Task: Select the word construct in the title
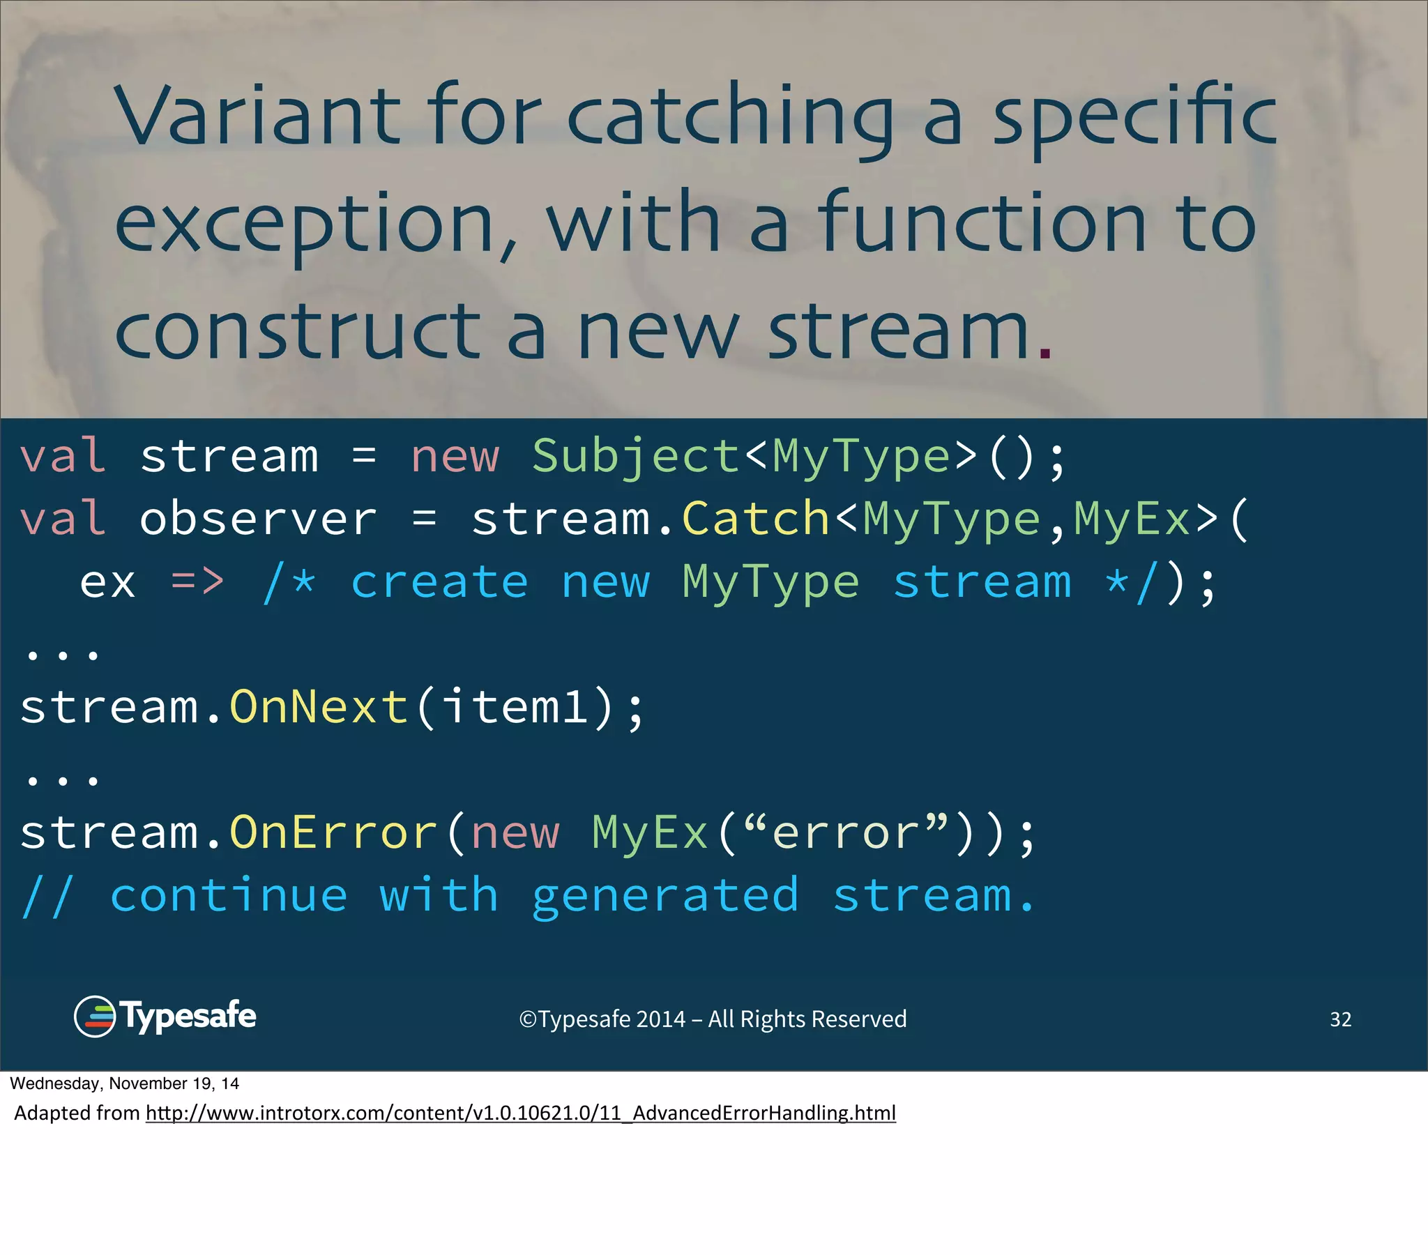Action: pyautogui.click(x=298, y=331)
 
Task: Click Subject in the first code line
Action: pyautogui.click(x=636, y=456)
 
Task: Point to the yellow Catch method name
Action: pyautogui.click(x=755, y=519)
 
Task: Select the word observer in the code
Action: pyautogui.click(x=258, y=519)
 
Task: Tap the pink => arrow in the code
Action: pyautogui.click(x=198, y=581)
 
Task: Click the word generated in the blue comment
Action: pyautogui.click(x=664, y=897)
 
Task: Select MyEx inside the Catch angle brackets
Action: pyautogui.click(x=1132, y=519)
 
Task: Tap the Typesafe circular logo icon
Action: pyautogui.click(x=94, y=1017)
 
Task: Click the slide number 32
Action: pyautogui.click(x=1340, y=1019)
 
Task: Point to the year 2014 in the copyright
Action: pyautogui.click(x=660, y=1019)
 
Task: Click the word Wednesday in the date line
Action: pyautogui.click(x=55, y=1083)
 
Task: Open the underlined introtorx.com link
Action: pyautogui.click(x=520, y=1113)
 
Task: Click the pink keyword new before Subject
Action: pyautogui.click(x=455, y=456)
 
